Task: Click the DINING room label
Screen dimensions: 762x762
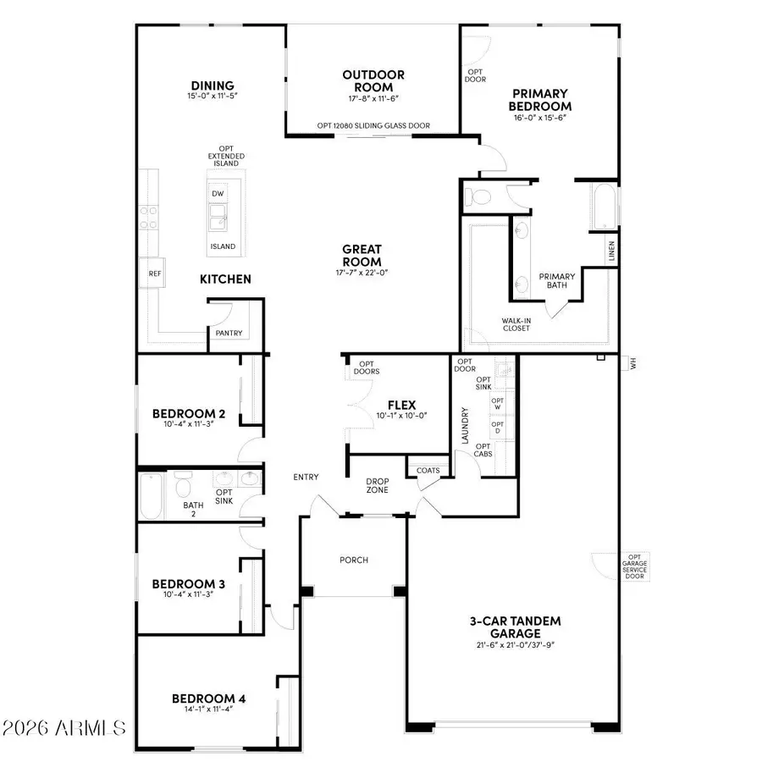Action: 206,85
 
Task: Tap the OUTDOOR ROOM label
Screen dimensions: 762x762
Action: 373,80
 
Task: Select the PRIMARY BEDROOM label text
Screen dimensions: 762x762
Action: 539,100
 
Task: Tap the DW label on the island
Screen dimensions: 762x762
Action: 218,193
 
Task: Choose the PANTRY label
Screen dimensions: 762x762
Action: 229,333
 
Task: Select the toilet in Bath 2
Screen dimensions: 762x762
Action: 181,488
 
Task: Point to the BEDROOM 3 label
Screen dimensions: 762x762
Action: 189,583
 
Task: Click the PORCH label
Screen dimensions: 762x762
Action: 354,560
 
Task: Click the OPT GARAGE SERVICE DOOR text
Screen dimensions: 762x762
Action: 634,564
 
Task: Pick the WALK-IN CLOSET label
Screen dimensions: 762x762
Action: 516,324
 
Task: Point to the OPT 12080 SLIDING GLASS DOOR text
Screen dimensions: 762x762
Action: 373,125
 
